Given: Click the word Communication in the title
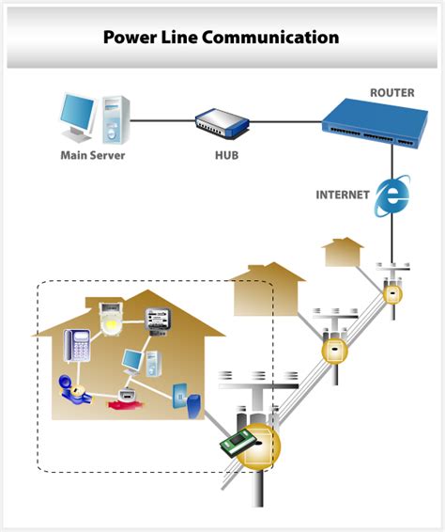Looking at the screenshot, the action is [270, 37].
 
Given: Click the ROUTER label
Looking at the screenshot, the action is [392, 93].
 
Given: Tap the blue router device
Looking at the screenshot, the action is [375, 123].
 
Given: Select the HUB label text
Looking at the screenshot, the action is [227, 155].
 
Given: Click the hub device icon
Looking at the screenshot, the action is [222, 123].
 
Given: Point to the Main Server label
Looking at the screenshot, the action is [93, 155].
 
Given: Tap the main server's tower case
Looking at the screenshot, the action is [115, 119].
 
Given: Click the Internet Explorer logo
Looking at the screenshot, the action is [392, 196].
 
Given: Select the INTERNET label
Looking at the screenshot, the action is [343, 195].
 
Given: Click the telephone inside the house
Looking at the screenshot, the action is [77, 346].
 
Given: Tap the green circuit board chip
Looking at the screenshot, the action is [238, 443].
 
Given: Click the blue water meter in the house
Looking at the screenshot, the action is [74, 389].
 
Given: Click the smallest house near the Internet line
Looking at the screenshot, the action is [343, 252].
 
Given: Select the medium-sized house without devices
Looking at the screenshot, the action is [268, 289].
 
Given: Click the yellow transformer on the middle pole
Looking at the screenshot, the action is [334, 351].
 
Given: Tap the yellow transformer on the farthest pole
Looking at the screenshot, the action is [392, 294].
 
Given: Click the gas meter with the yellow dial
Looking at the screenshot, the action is [111, 320].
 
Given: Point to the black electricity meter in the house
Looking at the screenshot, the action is [158, 321].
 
